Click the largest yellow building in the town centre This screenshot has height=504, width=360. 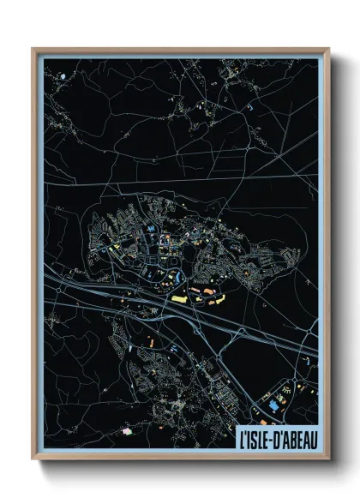coord(181,298)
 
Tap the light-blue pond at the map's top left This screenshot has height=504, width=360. coord(63,76)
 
